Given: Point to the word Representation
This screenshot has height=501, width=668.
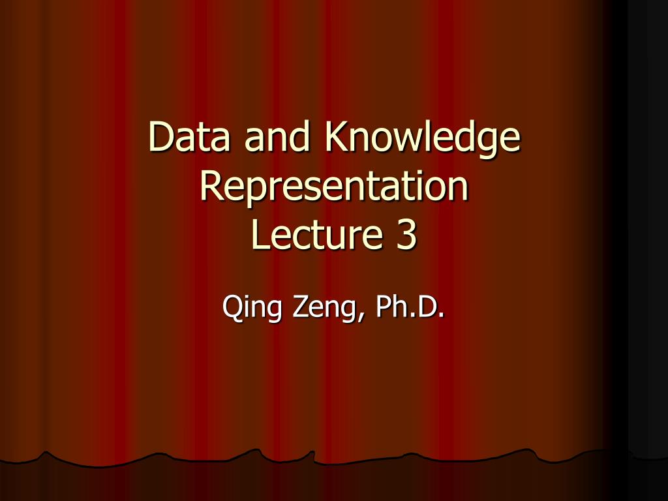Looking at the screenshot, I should pos(334,187).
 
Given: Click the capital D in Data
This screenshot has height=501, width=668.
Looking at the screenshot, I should pos(160,137).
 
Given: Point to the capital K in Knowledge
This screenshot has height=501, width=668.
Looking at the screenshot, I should pos(335,137).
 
